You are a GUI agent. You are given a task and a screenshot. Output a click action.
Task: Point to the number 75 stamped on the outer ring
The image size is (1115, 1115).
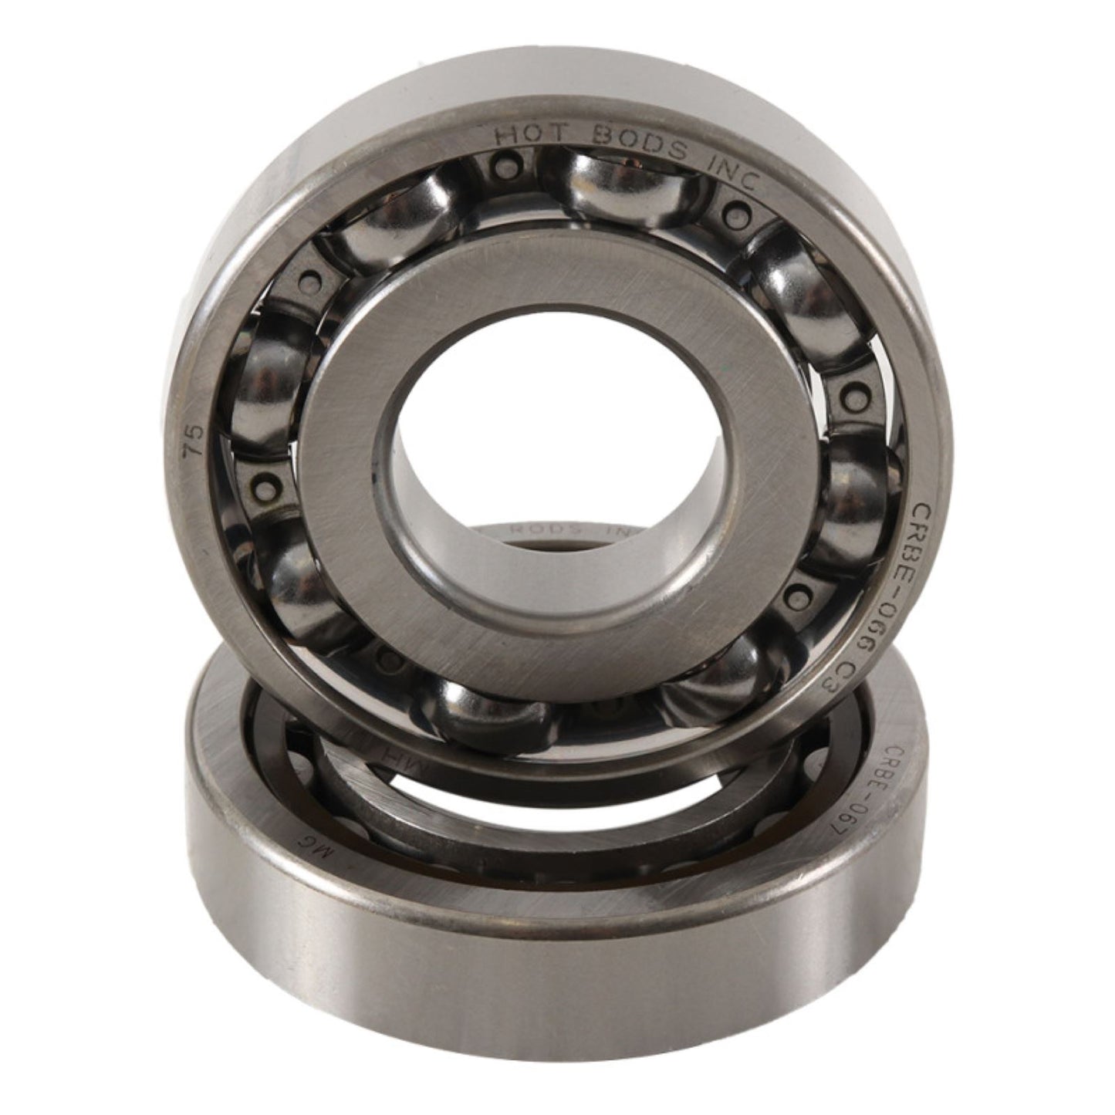(x=195, y=439)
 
